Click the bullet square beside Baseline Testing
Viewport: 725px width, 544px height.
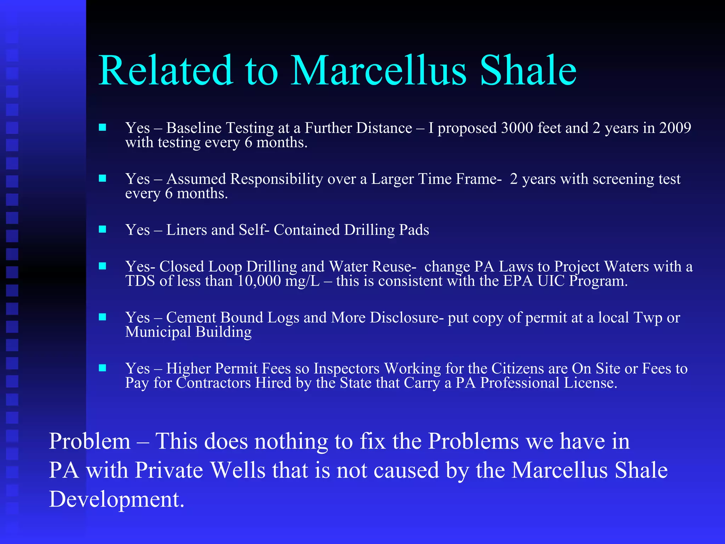(x=102, y=127)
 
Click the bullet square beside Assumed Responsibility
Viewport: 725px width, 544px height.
(x=102, y=178)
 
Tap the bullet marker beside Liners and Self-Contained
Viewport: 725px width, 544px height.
(x=102, y=229)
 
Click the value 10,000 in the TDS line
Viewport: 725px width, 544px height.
(x=259, y=281)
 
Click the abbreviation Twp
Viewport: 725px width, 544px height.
(x=648, y=318)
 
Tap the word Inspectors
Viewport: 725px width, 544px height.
(x=347, y=369)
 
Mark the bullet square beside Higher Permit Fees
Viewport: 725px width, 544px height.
(x=102, y=368)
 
